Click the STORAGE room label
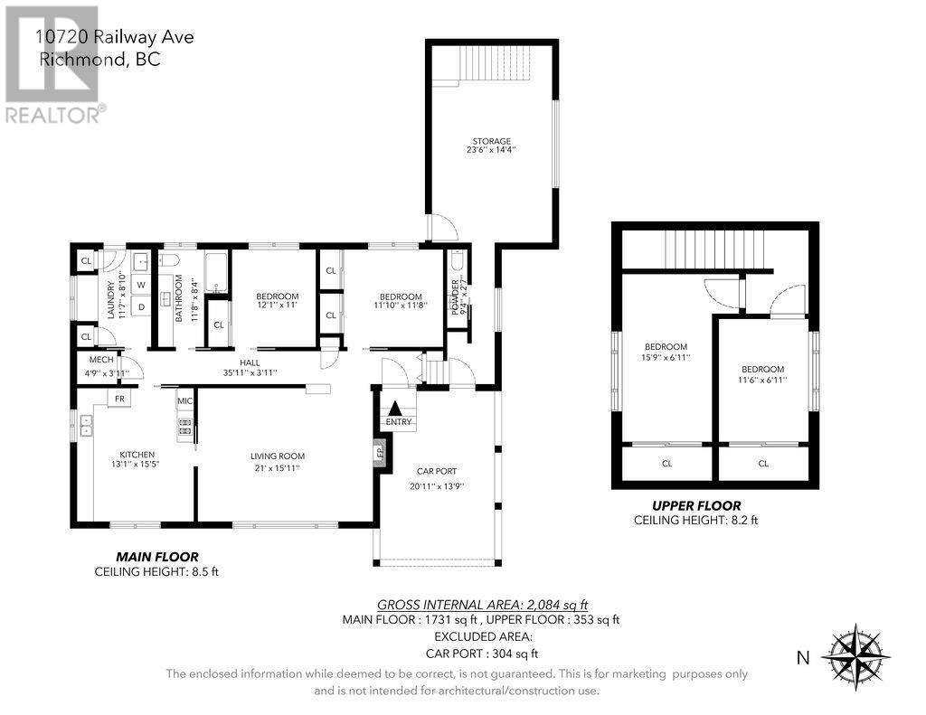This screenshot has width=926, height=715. tap(491, 141)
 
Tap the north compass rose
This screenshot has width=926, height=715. tap(855, 656)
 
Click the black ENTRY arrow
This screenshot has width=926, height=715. tap(395, 408)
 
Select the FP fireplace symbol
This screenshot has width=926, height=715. tap(381, 453)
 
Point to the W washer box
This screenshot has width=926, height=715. tap(141, 285)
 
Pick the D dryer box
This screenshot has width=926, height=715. tap(141, 306)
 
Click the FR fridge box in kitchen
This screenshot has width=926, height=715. tap(119, 399)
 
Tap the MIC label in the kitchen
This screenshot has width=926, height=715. tap(184, 401)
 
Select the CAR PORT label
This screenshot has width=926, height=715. tap(437, 471)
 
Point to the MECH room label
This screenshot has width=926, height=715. tap(101, 360)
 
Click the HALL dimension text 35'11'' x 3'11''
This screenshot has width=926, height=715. tap(250, 372)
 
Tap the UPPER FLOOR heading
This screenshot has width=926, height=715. tap(696, 506)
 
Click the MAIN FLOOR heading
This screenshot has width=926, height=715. tap(157, 557)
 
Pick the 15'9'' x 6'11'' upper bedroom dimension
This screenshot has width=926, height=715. tap(666, 357)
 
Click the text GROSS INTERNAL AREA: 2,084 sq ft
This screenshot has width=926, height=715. tap(483, 605)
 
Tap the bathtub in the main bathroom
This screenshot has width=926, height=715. tap(217, 272)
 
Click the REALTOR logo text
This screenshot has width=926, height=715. tap(54, 114)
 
